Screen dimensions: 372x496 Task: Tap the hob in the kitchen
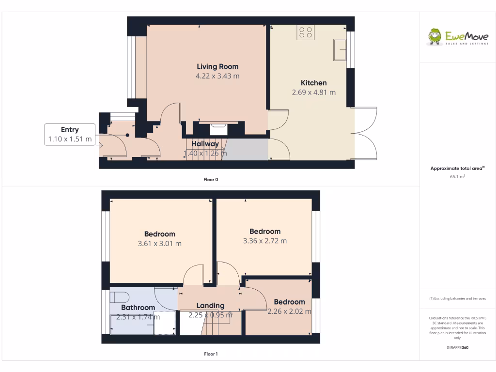click(x=306, y=32)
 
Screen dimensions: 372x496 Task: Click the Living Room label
click(x=217, y=66)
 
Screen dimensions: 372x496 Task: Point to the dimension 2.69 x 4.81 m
click(x=313, y=92)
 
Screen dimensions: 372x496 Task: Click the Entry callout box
click(x=70, y=134)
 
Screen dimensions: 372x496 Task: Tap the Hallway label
click(x=205, y=144)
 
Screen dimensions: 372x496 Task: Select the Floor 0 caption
click(x=211, y=180)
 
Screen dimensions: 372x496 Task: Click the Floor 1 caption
click(x=211, y=354)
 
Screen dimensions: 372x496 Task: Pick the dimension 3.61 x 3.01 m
click(x=159, y=244)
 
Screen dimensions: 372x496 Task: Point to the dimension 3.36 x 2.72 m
click(x=265, y=241)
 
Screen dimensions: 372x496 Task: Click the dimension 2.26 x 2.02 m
click(x=289, y=311)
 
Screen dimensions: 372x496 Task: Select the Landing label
click(x=210, y=306)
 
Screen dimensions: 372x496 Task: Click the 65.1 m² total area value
click(x=457, y=177)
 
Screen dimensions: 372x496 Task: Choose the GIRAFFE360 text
click(x=457, y=348)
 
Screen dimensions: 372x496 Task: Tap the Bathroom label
click(x=138, y=308)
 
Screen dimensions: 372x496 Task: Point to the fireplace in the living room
click(x=218, y=128)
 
